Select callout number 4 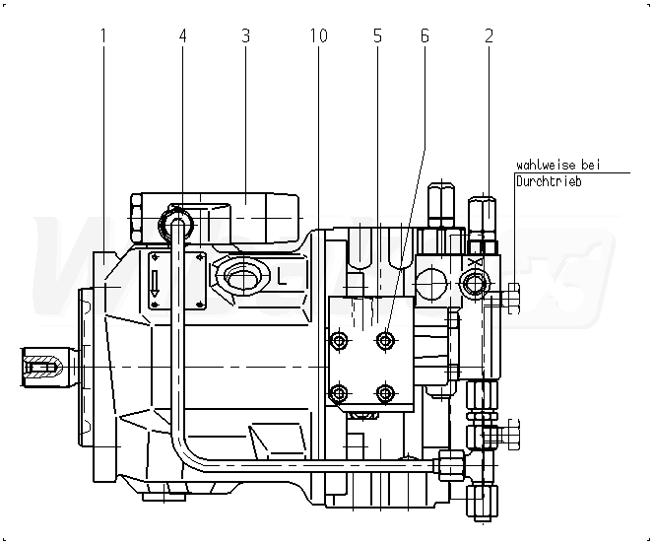182,36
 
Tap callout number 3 245,36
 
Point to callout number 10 317,36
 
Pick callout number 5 377,36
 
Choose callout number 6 425,36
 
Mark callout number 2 489,36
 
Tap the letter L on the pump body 283,275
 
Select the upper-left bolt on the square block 340,341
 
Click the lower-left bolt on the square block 340,394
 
